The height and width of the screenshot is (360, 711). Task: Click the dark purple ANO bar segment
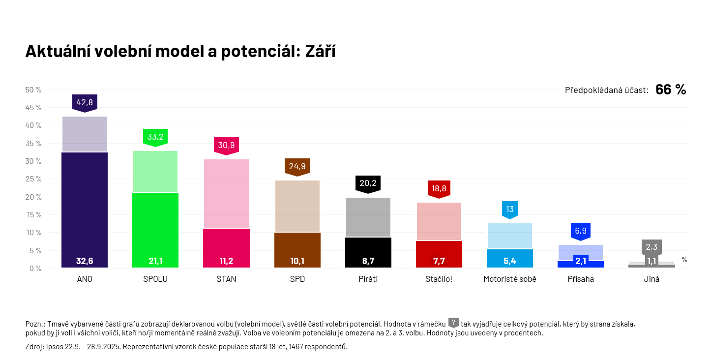[85, 207]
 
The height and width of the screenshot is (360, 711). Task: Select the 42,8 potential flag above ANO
[85, 102]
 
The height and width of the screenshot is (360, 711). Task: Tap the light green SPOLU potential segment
[155, 172]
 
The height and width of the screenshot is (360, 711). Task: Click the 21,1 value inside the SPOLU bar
[155, 261]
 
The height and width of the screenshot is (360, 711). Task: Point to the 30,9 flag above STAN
[226, 145]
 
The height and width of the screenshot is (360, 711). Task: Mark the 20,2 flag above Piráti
[368, 183]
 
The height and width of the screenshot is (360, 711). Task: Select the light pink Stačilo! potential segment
[439, 221]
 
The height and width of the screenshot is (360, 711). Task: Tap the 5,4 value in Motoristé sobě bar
[510, 261]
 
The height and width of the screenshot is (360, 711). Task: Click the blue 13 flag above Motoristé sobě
[510, 209]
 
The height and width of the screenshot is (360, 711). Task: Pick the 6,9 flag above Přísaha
[581, 231]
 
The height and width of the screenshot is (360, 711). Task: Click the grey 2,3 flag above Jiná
[652, 247]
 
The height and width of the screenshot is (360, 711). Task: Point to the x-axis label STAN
[226, 279]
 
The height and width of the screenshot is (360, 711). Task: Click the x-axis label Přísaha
[581, 279]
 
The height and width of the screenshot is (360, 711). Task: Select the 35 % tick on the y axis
[33, 143]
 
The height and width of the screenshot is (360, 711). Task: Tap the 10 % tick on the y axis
[33, 232]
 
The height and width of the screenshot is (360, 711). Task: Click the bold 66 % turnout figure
[671, 90]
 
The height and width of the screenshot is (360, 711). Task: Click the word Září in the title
[320, 51]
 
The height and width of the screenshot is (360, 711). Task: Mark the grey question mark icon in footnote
[453, 323]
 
